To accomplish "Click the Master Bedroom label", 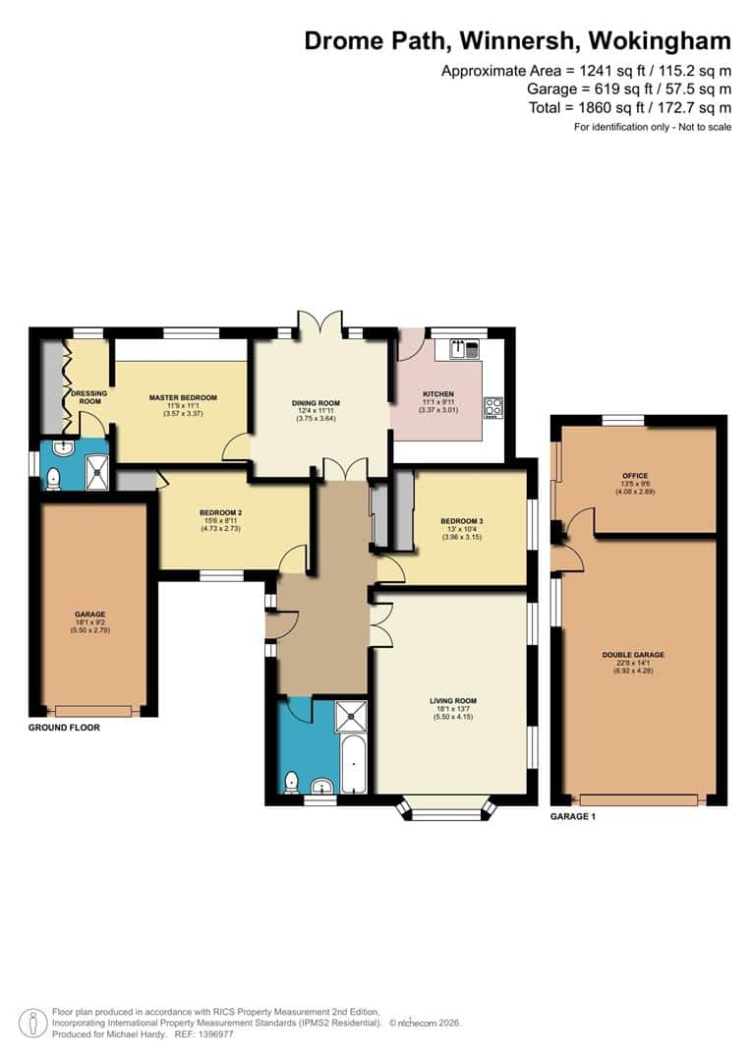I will [x=183, y=397].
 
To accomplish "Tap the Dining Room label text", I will [x=316, y=403].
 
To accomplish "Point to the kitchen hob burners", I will [x=492, y=406].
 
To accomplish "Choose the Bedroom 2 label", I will [x=220, y=513].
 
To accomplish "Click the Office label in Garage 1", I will [x=634, y=475].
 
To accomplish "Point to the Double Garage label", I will [x=634, y=654].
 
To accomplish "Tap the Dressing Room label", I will [x=88, y=397].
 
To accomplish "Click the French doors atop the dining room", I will [x=321, y=325].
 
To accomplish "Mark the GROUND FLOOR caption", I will [x=64, y=728].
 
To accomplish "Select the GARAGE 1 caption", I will [x=573, y=817].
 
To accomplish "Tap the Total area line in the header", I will [x=628, y=107].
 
